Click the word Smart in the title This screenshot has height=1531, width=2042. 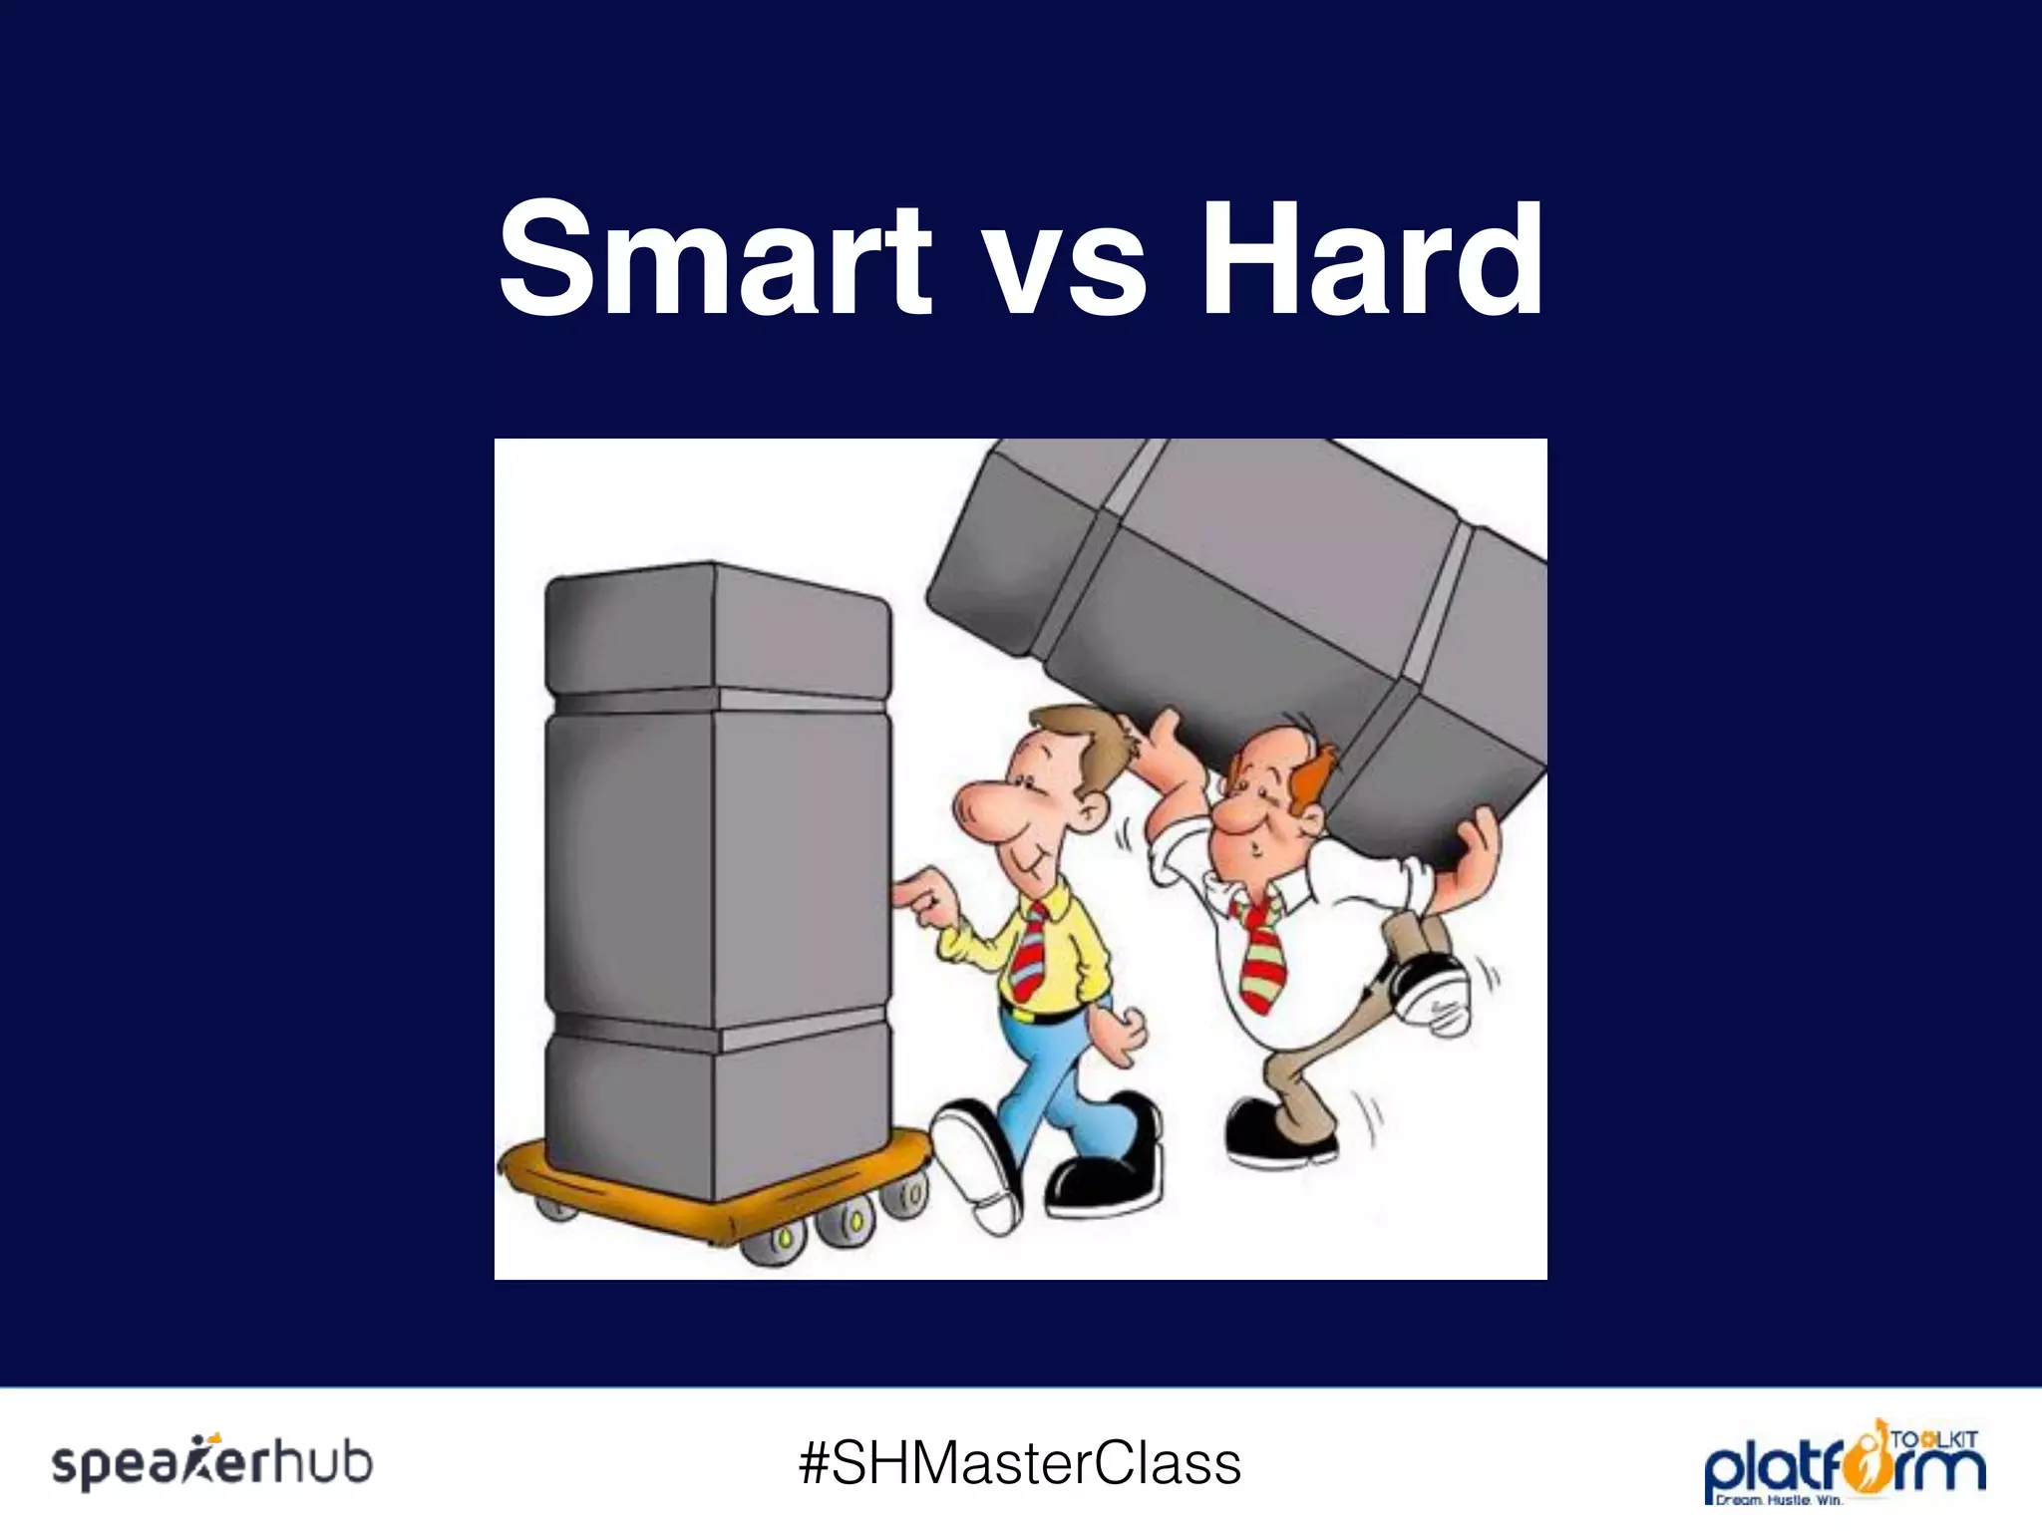coord(714,261)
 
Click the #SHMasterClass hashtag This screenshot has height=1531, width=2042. coord(1020,1463)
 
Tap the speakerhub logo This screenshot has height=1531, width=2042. coord(212,1463)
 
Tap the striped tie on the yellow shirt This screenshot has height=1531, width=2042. coord(1029,952)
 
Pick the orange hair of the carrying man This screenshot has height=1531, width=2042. coord(1306,777)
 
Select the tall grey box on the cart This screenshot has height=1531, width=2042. coord(718,877)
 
